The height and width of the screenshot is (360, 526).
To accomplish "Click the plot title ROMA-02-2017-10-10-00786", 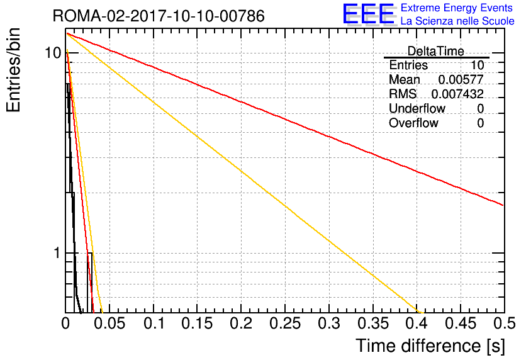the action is (159, 16).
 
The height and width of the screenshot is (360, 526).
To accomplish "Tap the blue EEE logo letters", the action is (368, 14).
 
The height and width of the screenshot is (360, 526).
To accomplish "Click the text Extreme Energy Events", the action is (457, 8).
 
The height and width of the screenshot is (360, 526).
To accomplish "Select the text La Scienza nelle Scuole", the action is (457, 21).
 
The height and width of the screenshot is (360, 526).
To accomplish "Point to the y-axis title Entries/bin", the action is (13, 70).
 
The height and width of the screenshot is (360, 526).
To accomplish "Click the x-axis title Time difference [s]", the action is (430, 346).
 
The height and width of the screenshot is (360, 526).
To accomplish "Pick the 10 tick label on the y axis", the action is (53, 53).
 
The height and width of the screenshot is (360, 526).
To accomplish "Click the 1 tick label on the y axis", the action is (57, 253).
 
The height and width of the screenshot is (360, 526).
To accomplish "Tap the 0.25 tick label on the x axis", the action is (285, 323).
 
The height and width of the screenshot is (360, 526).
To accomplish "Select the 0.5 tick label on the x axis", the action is (504, 323).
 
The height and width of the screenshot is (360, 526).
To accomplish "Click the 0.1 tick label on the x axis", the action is (154, 323).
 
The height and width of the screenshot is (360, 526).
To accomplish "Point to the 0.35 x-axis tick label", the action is (372, 323).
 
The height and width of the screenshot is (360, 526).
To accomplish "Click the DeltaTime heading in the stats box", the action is (436, 51).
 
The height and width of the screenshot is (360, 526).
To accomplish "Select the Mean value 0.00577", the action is (461, 79).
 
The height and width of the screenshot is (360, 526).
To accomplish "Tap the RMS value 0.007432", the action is (457, 94).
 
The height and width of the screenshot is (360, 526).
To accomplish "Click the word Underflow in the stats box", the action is (417, 108).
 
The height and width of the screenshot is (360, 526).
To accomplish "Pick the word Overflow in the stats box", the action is (413, 123).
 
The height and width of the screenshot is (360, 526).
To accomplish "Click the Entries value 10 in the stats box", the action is (477, 65).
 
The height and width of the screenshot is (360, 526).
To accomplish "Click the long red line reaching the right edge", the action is (285, 120).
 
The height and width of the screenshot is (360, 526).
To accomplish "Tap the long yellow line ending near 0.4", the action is (245, 173).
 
